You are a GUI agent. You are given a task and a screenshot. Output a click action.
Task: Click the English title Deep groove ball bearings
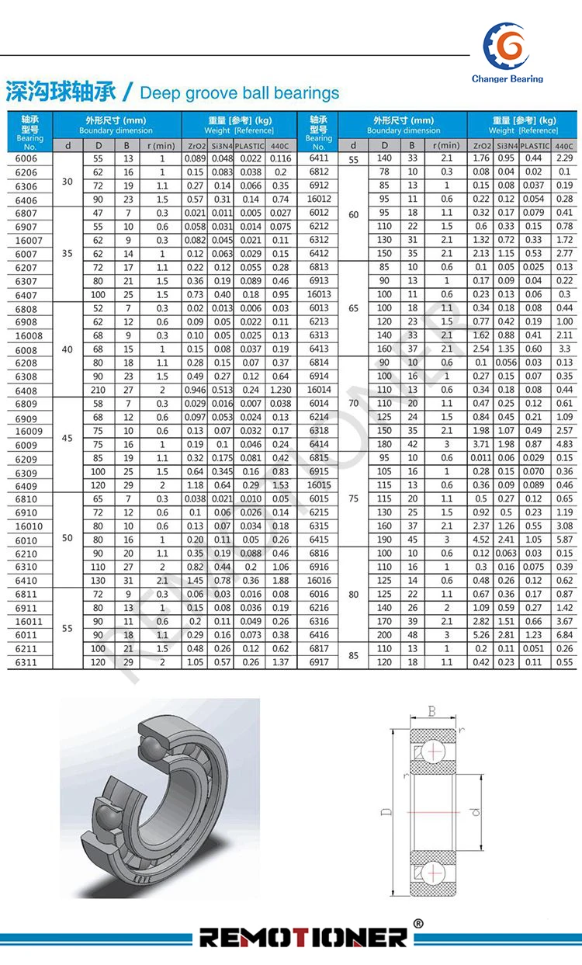(239, 93)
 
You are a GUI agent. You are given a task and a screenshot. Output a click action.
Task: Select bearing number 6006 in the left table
(26, 158)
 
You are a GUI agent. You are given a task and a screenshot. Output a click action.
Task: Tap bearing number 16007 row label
(29, 241)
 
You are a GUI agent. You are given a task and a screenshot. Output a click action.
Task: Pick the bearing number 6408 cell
(26, 391)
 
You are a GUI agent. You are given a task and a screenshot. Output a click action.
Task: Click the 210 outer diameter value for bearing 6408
(98, 390)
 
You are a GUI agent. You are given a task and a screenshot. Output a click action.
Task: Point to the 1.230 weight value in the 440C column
(281, 390)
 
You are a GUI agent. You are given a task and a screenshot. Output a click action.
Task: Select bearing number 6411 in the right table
(319, 158)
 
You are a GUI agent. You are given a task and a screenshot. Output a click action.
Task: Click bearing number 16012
(319, 199)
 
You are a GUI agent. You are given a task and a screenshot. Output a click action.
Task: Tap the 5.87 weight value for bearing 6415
(564, 540)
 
